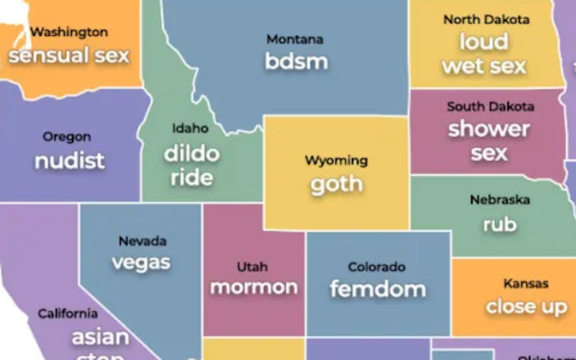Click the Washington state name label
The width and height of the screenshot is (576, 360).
69,32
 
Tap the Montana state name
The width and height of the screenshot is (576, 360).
295,39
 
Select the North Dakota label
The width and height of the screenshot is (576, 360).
486,19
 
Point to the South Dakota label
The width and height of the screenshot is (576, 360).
491,107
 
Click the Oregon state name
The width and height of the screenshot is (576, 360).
67,137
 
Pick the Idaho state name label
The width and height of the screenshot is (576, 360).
190,128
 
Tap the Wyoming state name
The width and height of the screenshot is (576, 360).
336,160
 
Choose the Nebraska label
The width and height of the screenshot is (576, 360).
500,199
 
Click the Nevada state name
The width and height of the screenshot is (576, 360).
143,241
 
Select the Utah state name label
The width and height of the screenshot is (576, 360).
252,267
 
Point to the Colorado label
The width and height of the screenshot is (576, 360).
377,267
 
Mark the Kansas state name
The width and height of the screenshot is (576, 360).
526,283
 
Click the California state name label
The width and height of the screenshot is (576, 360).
68,314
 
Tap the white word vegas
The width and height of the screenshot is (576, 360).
141,263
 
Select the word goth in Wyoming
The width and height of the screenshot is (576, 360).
337,185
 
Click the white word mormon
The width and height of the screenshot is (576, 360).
254,287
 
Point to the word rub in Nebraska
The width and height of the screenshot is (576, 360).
500,225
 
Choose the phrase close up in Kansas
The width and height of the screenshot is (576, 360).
526,307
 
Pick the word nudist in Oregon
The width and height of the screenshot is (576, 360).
69,161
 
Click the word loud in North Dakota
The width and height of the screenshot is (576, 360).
484,42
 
